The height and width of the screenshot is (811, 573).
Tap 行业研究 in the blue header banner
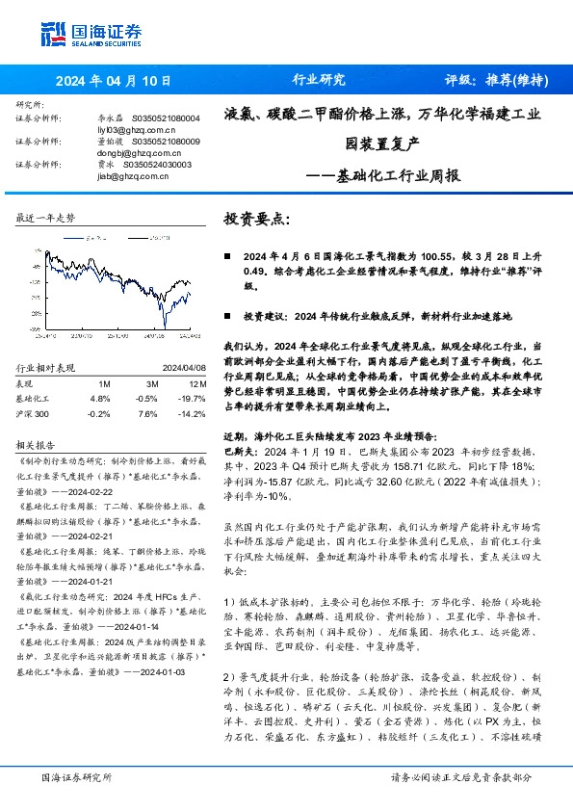(x=318, y=81)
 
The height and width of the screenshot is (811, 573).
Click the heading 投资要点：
(x=256, y=220)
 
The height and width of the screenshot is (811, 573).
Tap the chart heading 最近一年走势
(x=46, y=219)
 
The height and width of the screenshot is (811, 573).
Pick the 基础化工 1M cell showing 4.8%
(x=100, y=397)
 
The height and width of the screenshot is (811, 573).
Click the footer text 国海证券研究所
(x=73, y=776)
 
